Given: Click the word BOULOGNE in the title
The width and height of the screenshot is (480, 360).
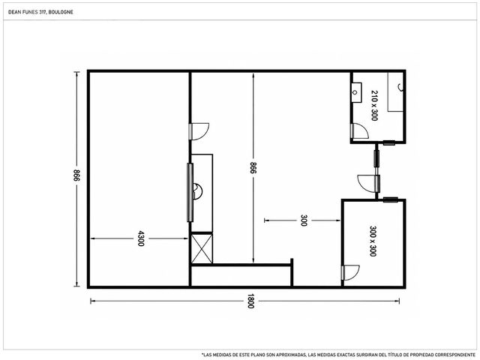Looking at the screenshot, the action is click(61, 12).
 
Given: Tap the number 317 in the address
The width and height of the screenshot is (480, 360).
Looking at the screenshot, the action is click(43, 12).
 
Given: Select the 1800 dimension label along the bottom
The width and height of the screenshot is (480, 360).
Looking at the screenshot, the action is click(250, 301).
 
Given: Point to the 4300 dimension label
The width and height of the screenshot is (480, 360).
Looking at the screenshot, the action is click(140, 238).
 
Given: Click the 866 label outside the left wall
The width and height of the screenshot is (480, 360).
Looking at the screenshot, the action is click(76, 175).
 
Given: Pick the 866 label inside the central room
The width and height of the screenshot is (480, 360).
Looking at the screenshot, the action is click(253, 168).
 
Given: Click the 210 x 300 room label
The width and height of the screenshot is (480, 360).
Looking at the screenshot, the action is click(374, 105).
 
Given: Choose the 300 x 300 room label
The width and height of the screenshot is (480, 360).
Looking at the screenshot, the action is click(373, 241).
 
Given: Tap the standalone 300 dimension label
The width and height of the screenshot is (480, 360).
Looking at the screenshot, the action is click(303, 220).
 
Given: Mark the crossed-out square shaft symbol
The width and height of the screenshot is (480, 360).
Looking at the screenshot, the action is click(202, 248).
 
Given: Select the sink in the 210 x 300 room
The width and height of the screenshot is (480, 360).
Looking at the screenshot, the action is click(356, 92).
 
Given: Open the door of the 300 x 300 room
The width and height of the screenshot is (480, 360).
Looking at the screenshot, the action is click(351, 272).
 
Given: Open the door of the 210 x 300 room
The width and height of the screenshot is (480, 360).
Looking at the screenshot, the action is click(360, 131).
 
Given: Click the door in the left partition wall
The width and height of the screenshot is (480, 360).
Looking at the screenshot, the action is click(199, 132).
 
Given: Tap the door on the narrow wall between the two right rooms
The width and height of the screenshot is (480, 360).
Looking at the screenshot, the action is click(368, 184).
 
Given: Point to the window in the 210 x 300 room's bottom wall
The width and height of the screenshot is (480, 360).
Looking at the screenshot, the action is click(389, 142).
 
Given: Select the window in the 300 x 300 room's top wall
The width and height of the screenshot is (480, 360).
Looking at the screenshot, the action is click(391, 200).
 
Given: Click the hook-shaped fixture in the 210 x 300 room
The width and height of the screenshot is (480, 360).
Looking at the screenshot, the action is click(400, 87).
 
